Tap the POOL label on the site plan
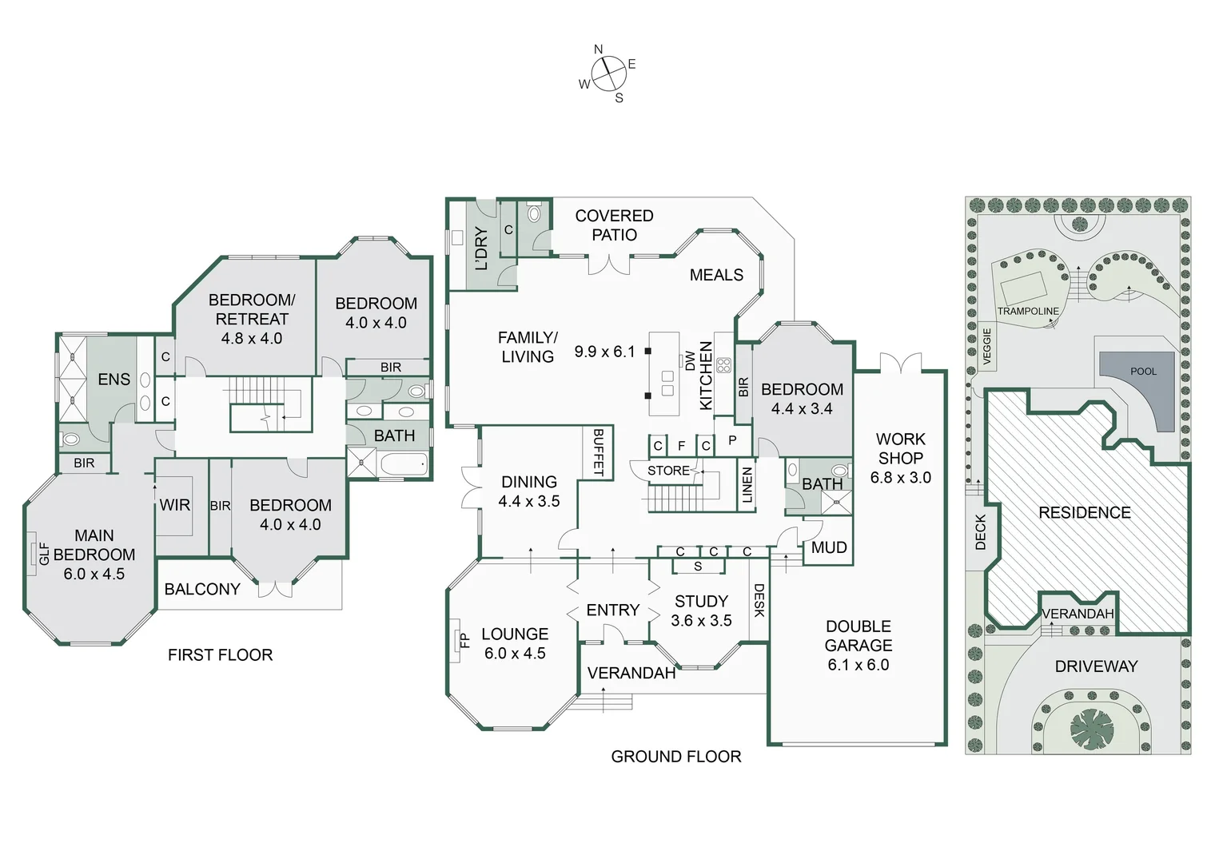coord(1143,372)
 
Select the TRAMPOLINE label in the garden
coord(1027,311)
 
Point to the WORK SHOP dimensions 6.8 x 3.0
coord(900,478)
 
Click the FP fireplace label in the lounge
coord(464,640)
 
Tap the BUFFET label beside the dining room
coord(599,452)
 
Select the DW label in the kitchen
coord(690,361)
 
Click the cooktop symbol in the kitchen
coord(723,365)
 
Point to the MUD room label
coord(828,548)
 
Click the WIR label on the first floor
coord(174,505)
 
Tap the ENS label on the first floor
coord(114,380)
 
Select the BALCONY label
coord(202,590)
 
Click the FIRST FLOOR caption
coord(220,655)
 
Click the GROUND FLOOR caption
coord(675,757)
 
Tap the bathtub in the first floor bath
coord(404,464)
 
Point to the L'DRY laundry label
coord(481,248)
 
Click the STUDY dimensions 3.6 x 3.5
coord(701,621)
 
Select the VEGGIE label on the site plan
coord(986,346)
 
